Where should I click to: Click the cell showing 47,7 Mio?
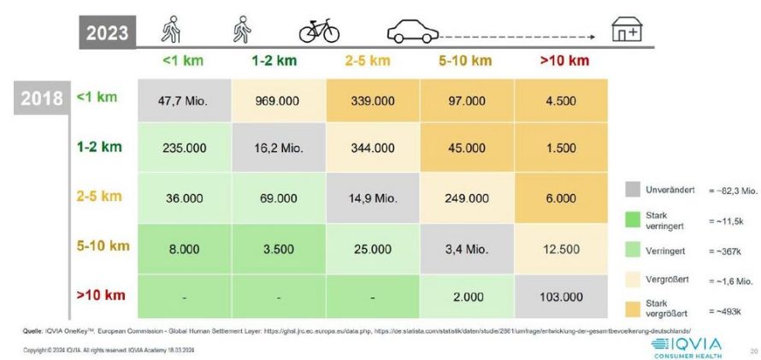[x=185, y=101]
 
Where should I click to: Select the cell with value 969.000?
[x=277, y=101]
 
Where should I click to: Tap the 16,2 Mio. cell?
[x=277, y=148]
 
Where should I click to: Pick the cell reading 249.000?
[x=466, y=197]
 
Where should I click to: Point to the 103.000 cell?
[x=560, y=296]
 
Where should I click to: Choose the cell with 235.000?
[x=185, y=148]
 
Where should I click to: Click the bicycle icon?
[x=319, y=32]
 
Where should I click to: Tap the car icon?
[x=413, y=33]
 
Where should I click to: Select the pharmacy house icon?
[x=626, y=31]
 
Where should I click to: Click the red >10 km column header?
[x=564, y=61]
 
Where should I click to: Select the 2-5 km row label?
[x=99, y=196]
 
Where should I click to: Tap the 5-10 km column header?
[x=465, y=61]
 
